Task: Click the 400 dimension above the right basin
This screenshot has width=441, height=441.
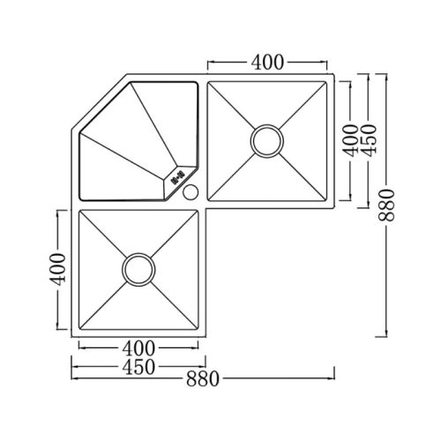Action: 267,62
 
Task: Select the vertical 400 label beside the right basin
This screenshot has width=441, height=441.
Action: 350,141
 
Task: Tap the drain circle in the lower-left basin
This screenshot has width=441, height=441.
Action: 138,269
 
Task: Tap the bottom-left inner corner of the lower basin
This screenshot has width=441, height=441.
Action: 80,328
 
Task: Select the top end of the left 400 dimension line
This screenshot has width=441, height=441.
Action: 58,211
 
